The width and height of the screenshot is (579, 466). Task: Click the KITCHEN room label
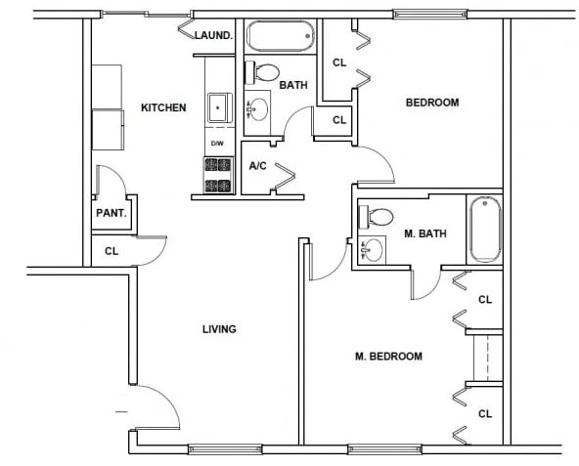point(163,107)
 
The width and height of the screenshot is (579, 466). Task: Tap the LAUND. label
point(213,35)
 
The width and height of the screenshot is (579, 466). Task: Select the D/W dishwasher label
point(217,145)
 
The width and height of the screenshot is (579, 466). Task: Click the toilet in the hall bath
point(262,70)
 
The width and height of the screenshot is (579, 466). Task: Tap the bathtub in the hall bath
point(280,37)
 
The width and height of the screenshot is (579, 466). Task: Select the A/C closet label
point(258,166)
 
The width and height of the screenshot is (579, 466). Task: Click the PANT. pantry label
point(108,213)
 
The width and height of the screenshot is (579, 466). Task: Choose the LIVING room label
point(219,329)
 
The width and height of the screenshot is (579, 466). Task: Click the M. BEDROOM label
point(388,357)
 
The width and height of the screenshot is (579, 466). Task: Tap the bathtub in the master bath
point(485,231)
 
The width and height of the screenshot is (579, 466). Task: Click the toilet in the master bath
point(377,216)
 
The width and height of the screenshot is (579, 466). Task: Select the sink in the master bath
point(370,250)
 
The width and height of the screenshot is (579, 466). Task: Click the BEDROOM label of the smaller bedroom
point(432,103)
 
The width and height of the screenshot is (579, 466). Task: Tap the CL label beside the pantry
point(111,251)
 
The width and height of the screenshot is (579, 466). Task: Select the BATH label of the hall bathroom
point(293,85)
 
